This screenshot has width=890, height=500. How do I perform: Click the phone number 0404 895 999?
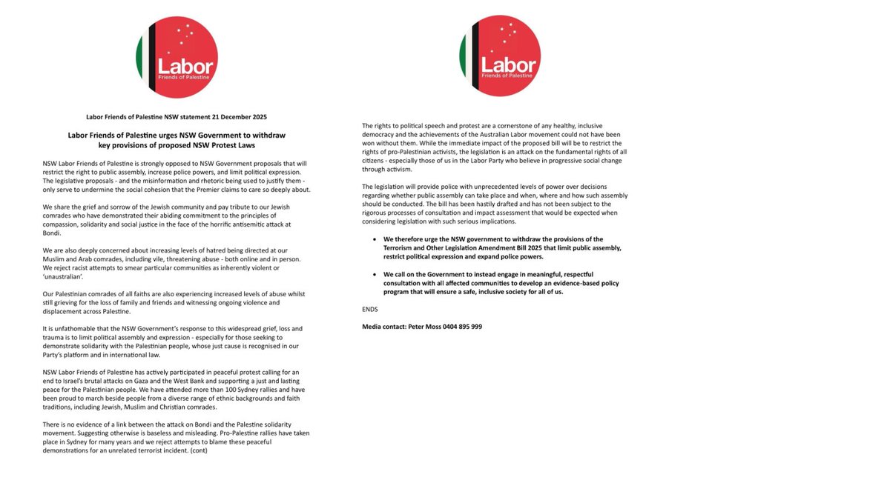(x=461, y=327)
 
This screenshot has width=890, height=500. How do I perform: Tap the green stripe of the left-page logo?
(x=139, y=57)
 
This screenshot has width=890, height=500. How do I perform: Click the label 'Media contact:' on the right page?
(x=383, y=327)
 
